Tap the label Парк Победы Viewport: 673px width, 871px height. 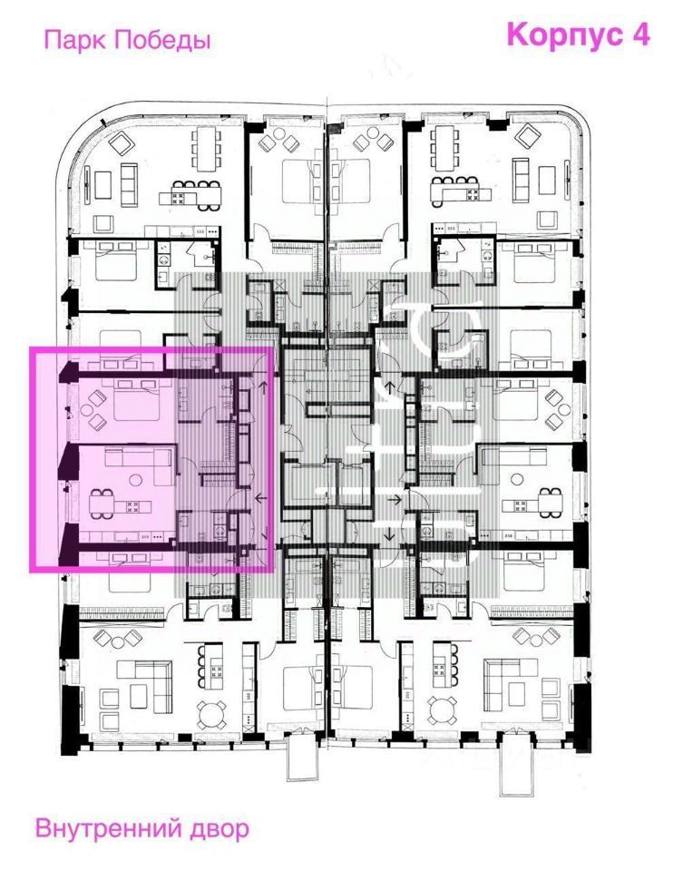tap(127, 41)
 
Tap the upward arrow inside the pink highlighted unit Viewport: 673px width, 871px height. tap(264, 390)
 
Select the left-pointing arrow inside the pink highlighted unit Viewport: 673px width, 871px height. tap(262, 498)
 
